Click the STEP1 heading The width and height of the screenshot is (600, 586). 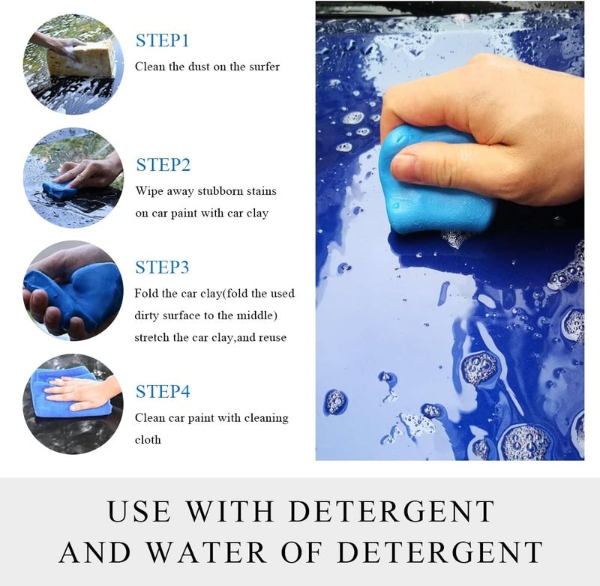162,41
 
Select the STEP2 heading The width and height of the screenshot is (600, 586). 163,165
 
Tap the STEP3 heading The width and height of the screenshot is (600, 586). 162,268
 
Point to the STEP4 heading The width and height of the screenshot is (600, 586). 163,392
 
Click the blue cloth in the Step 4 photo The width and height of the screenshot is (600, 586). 69,393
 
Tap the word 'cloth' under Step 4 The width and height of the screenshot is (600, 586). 148,440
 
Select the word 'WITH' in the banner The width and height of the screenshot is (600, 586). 230,511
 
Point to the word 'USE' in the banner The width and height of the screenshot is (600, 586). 139,511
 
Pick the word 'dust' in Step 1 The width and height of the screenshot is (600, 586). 199,67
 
